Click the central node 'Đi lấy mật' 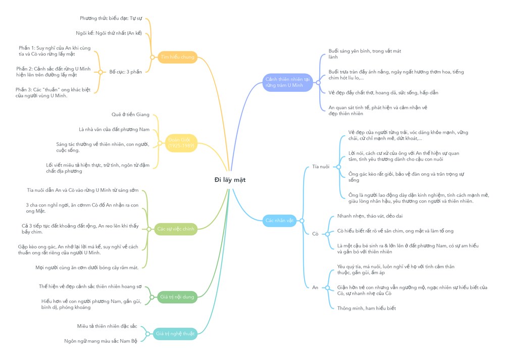[230, 179]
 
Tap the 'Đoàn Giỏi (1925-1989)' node [180, 143]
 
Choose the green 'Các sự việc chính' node [176, 229]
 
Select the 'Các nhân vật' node [279, 220]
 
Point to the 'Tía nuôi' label [320, 166]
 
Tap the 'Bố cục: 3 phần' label [126, 72]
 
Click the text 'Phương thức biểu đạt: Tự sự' [111, 18]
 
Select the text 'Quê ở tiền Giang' [130, 115]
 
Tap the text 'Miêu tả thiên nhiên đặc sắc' [107, 326]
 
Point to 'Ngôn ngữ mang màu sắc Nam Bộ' [100, 341]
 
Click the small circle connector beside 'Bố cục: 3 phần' [100, 72]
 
